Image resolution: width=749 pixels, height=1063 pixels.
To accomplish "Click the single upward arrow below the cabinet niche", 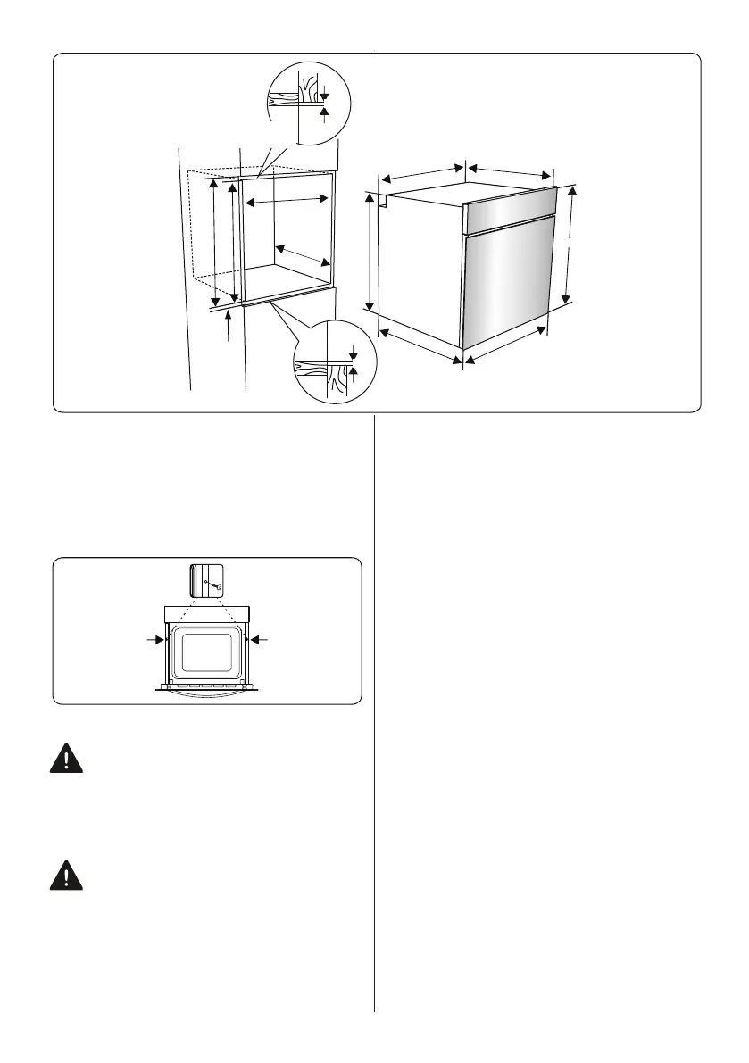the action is [x=230, y=325].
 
